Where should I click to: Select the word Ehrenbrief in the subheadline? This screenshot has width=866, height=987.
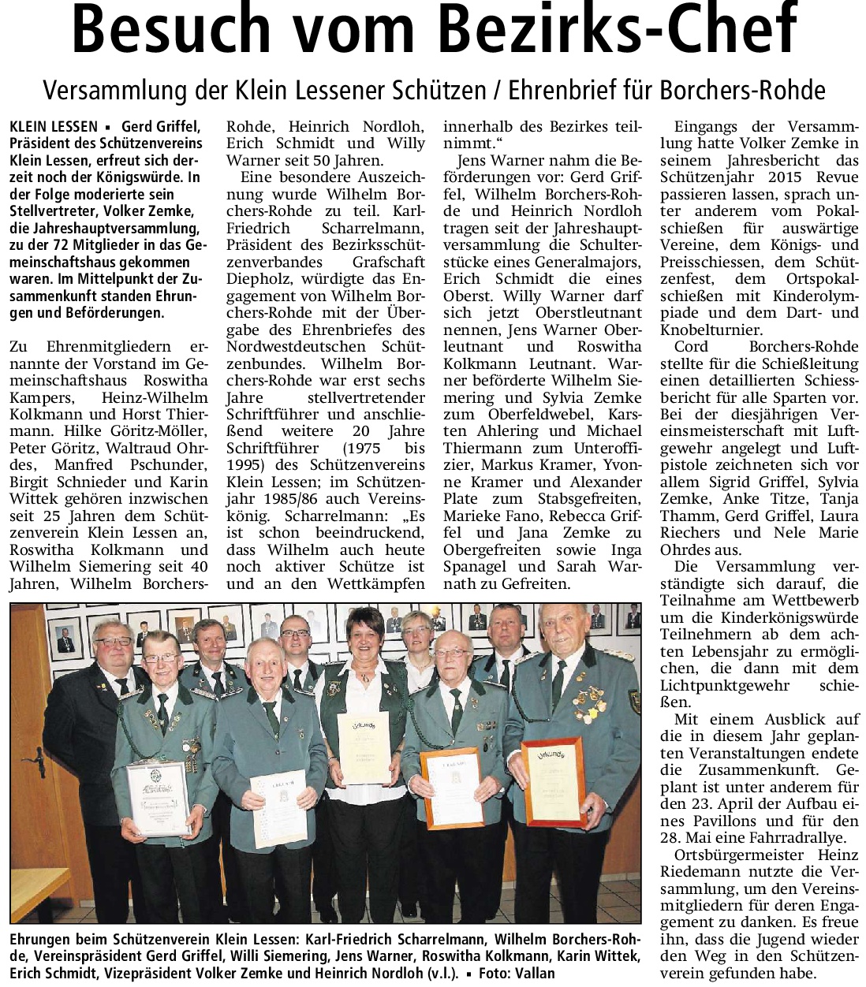point(566,91)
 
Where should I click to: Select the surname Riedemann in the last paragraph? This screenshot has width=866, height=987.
point(700,871)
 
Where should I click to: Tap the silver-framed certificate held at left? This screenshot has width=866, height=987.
point(159,796)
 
